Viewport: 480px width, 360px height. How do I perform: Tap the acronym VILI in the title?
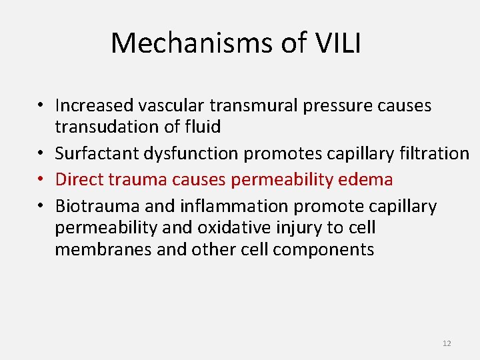(x=338, y=43)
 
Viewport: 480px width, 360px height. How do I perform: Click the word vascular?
(x=175, y=105)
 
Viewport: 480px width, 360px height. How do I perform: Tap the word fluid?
(x=203, y=127)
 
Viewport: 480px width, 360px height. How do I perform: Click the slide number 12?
(x=446, y=343)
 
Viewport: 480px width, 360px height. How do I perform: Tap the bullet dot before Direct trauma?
(x=41, y=180)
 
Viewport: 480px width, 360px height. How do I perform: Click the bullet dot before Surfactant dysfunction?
(x=41, y=154)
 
